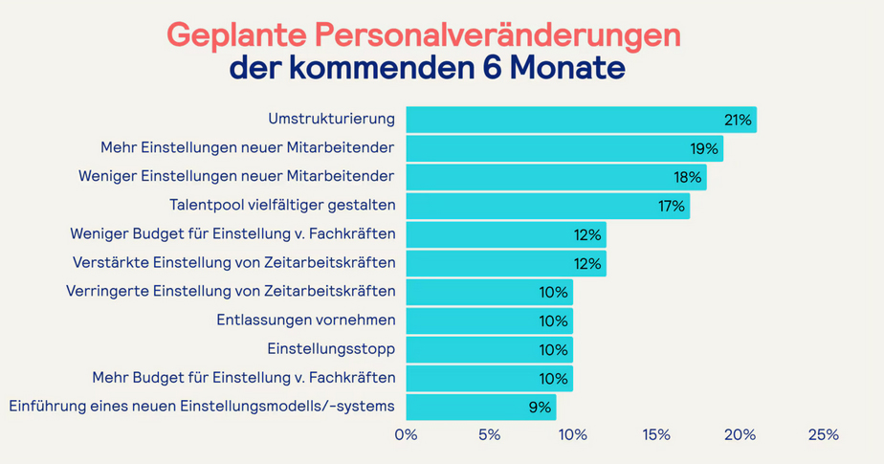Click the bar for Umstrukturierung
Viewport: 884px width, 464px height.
tap(581, 120)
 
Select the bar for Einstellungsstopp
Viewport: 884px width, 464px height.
tap(489, 349)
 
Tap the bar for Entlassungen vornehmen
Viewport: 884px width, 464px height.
tap(489, 320)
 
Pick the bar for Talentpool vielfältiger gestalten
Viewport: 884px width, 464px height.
tap(547, 206)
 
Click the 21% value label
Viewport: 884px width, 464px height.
tap(739, 121)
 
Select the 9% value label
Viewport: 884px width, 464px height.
tap(540, 408)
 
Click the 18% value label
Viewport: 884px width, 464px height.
tap(689, 178)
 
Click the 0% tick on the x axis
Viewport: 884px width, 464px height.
tap(407, 435)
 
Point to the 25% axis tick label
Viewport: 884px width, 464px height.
tap(823, 435)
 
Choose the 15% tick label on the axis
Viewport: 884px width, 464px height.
tap(655, 435)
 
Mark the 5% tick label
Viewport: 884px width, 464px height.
tap(489, 435)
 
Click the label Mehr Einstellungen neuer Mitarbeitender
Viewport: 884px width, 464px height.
tap(247, 148)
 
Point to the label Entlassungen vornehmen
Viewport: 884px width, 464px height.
tap(306, 320)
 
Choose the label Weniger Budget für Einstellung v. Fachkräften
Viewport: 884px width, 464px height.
tap(232, 233)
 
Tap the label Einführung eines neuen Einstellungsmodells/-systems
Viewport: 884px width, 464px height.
tap(202, 407)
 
